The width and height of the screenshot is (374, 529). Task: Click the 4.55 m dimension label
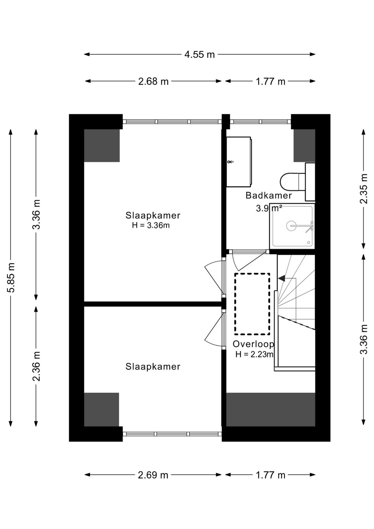[199, 54]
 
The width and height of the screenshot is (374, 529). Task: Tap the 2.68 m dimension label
[153, 81]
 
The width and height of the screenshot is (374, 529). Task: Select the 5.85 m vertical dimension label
[11, 277]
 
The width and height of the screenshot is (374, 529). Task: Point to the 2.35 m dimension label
[364, 189]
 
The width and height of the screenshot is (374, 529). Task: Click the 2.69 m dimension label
[153, 475]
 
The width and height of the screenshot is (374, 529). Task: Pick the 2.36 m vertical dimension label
[36, 366]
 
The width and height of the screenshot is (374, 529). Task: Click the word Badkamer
[268, 196]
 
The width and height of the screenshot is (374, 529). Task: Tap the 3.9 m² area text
[269, 208]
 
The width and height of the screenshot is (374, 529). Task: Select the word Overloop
[253, 344]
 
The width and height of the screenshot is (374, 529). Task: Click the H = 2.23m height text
[255, 354]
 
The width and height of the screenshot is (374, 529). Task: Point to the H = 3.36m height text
[151, 225]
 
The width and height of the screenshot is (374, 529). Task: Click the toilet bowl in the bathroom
[289, 182]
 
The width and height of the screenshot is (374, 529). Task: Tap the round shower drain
[291, 226]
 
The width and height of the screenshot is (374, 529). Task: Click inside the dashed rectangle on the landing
[252, 304]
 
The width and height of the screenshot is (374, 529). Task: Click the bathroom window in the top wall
[260, 122]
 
